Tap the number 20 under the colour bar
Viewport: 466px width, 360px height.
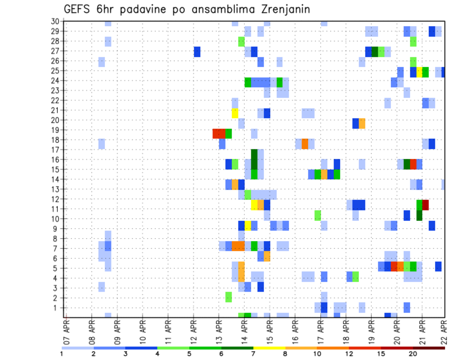[413, 353]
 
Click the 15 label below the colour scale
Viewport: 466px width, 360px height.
[382, 353]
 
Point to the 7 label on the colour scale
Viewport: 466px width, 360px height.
[253, 353]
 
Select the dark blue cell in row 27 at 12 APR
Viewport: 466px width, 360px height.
[197, 51]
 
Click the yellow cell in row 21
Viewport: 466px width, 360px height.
[235, 113]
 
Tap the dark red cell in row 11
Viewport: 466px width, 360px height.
[425, 205]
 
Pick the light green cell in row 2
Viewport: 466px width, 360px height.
[229, 297]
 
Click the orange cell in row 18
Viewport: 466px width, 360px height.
[305, 144]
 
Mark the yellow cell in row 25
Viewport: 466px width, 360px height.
[419, 72]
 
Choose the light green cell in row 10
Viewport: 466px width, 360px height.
[317, 215]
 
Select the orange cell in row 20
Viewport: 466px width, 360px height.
[362, 123]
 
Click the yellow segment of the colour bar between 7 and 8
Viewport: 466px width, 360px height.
[269, 348]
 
